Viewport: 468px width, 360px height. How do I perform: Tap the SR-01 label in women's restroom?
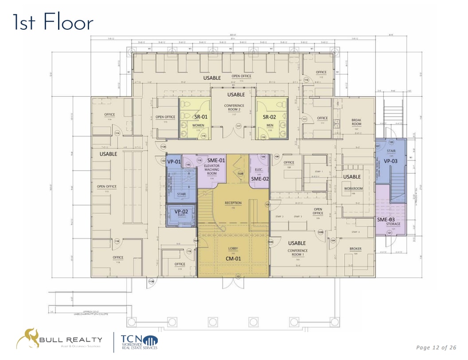201,117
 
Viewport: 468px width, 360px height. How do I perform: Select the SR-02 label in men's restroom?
269,117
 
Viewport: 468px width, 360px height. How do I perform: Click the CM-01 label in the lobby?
233,258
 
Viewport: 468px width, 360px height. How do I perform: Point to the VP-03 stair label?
391,161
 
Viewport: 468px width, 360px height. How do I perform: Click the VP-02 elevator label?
181,211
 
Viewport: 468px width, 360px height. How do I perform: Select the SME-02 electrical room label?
260,179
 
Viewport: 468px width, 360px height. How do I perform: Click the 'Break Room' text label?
356,122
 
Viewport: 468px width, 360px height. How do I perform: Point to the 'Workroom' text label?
353,188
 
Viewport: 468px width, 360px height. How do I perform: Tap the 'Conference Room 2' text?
234,107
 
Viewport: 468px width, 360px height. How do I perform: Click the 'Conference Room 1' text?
297,253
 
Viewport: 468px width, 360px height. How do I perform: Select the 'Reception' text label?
233,203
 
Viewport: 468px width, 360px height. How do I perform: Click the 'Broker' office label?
355,249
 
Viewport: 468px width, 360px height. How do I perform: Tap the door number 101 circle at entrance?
238,277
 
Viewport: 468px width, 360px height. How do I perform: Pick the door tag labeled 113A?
163,147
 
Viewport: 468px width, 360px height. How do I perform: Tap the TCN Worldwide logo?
139,341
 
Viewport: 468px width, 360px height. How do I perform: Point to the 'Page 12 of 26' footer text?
436,347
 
